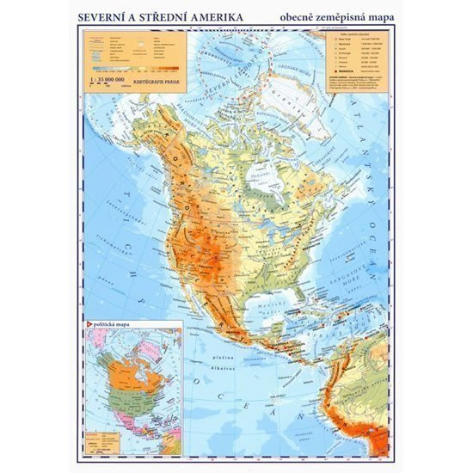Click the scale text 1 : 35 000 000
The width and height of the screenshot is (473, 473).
pyautogui.click(x=109, y=79)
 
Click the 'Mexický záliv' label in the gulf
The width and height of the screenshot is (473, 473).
pyautogui.click(x=271, y=317)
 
